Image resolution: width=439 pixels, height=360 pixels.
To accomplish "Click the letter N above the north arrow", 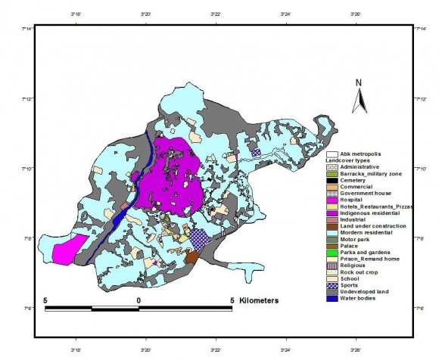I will [x=360, y=83].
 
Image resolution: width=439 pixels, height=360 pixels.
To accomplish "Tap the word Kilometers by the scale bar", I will [x=258, y=300].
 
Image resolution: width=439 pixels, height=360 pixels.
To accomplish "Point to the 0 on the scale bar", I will [x=138, y=300].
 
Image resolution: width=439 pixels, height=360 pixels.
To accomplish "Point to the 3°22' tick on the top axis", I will [x=216, y=14].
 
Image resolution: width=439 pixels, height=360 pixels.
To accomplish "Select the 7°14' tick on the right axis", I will [x=419, y=29].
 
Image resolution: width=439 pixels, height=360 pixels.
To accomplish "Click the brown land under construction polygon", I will [x=192, y=257].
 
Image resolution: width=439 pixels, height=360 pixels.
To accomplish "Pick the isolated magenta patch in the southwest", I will [x=67, y=250].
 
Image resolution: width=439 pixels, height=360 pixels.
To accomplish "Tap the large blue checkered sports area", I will [x=199, y=239].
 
